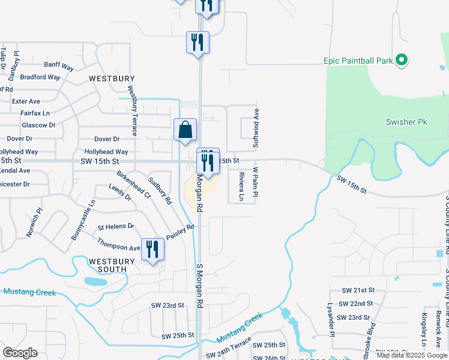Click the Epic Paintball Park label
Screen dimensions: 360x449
358,61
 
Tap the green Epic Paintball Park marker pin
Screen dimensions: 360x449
402,60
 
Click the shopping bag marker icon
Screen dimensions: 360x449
185,129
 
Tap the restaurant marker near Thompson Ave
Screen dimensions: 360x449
152,249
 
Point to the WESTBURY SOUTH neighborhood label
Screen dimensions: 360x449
108,265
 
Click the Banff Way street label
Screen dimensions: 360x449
59,67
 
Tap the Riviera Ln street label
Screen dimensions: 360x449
241,186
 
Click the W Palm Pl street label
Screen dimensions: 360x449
255,182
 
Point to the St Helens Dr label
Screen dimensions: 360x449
116,226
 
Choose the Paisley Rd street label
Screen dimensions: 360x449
181,231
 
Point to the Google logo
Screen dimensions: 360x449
20,353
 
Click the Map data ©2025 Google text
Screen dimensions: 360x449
411,355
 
